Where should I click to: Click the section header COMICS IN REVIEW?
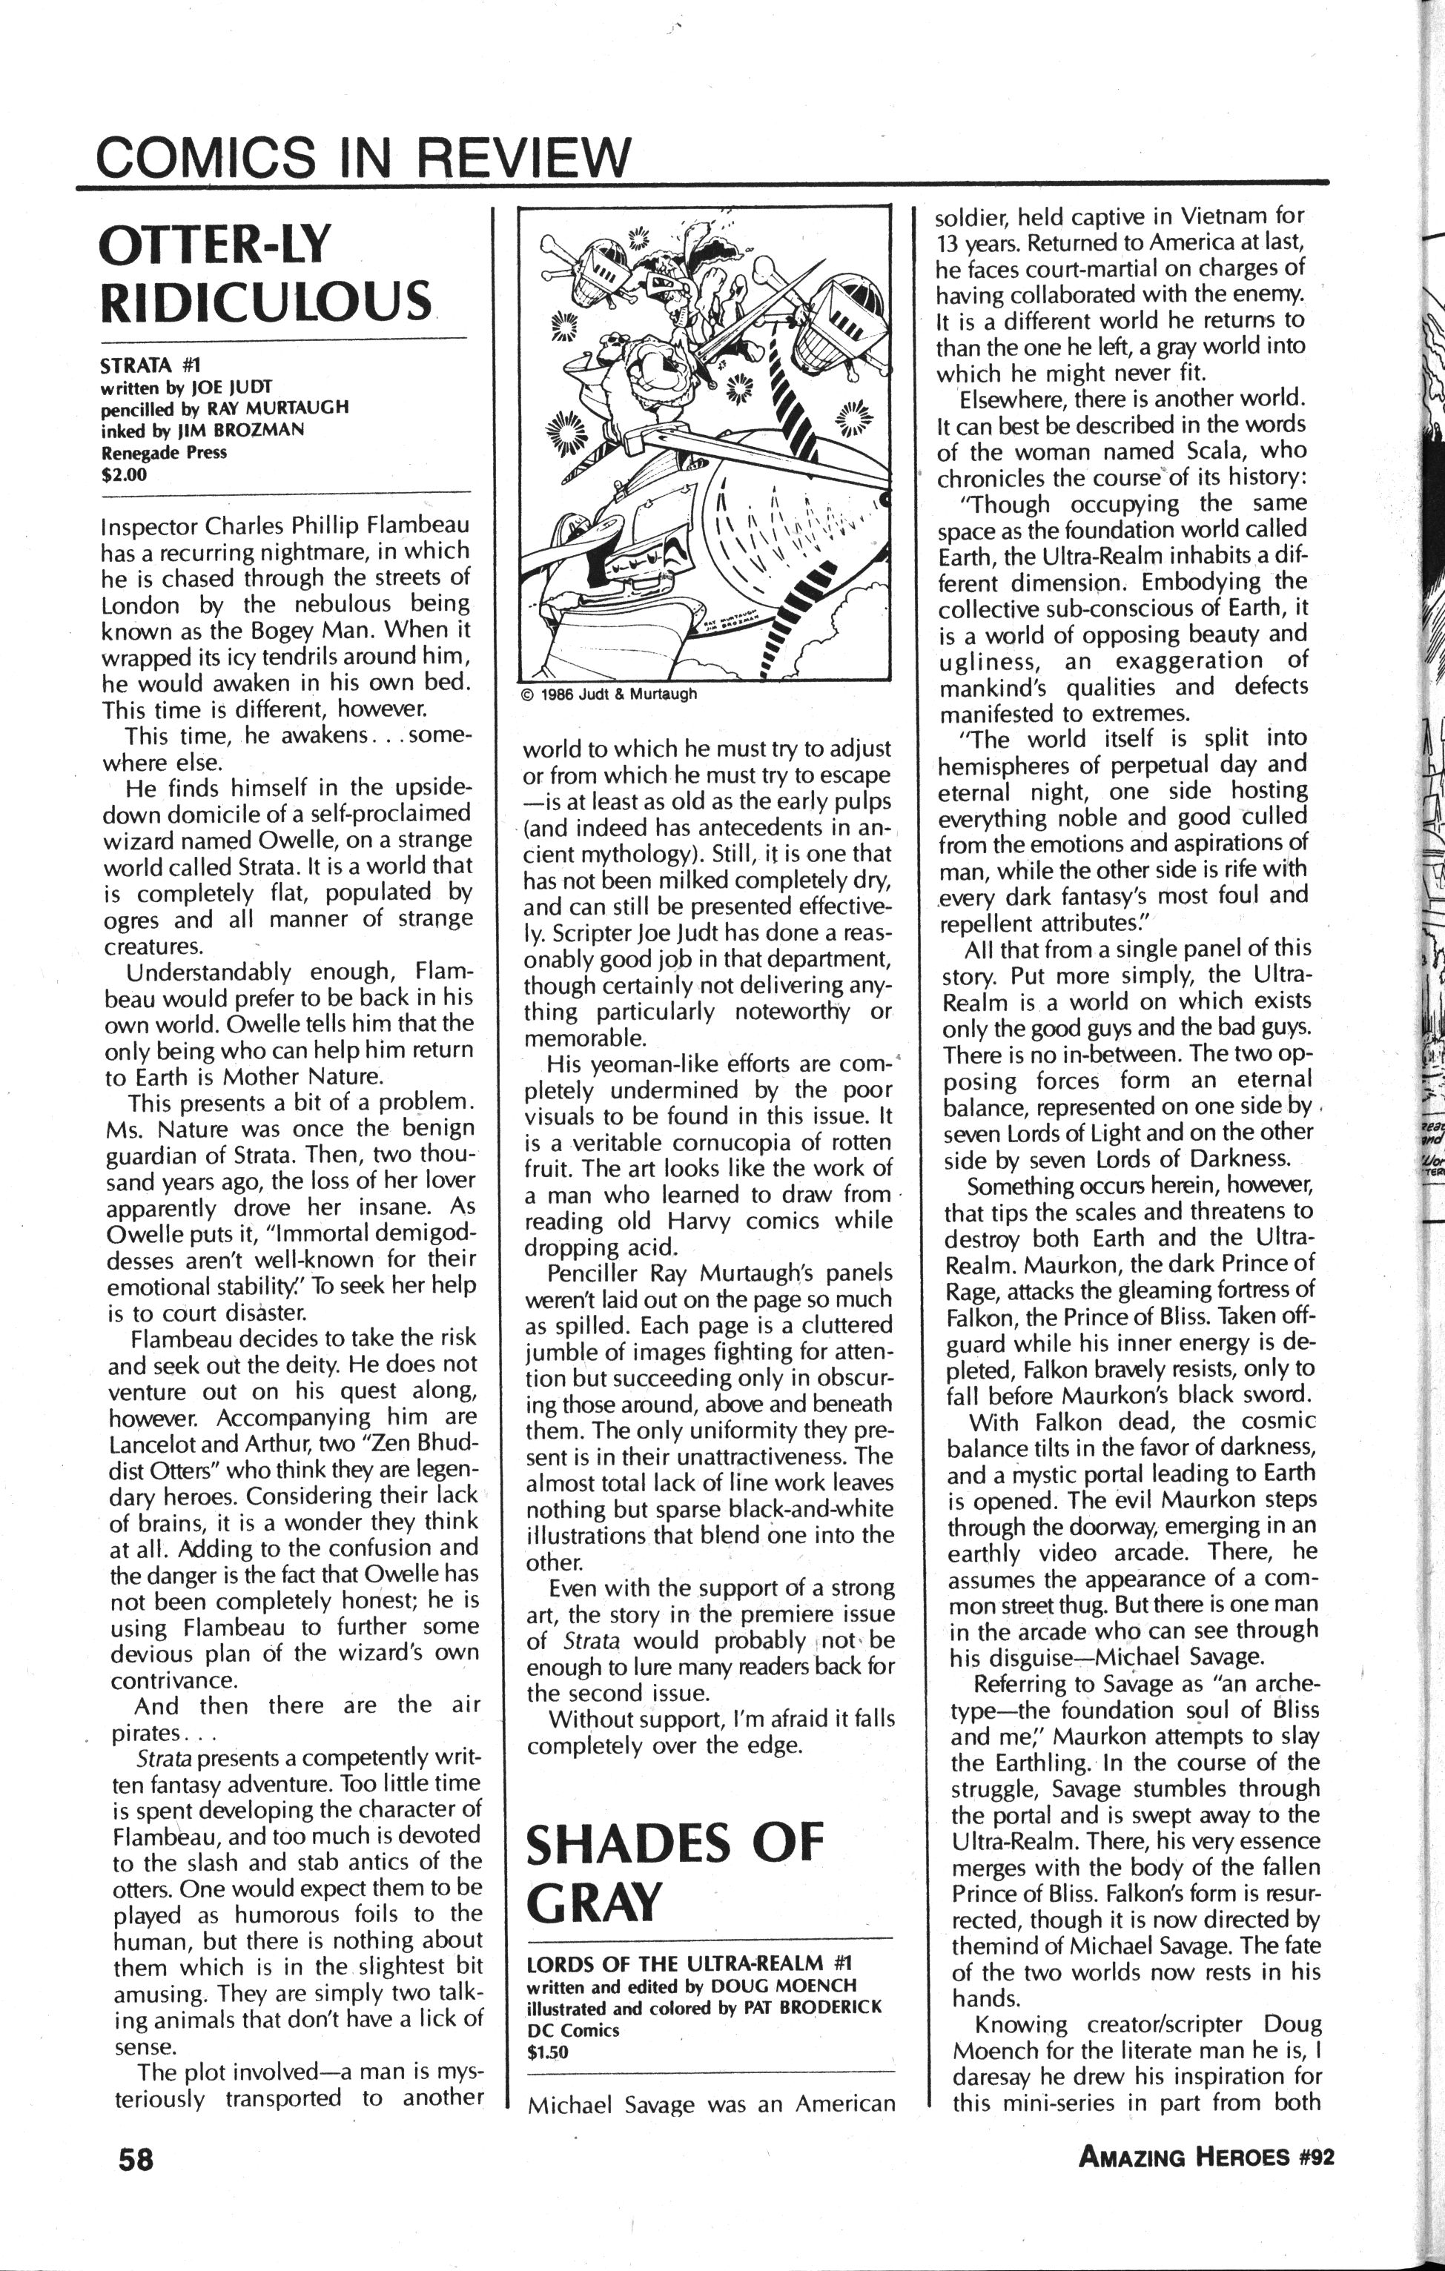(x=363, y=156)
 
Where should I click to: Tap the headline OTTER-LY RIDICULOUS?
(x=265, y=273)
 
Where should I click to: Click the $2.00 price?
(x=125, y=474)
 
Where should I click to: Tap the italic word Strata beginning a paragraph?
(x=164, y=1759)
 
